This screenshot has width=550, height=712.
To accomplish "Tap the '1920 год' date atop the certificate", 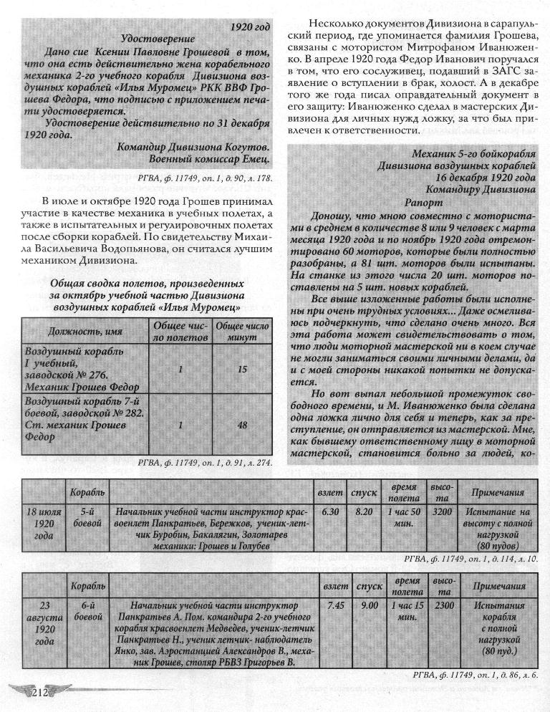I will click(250, 27).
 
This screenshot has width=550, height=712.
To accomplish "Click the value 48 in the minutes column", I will click(242, 425).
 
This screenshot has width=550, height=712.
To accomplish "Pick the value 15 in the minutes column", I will click(242, 369).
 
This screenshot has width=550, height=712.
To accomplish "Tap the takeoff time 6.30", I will click(330, 513).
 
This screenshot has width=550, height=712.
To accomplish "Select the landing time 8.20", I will click(364, 513).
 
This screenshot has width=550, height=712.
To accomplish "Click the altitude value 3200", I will click(443, 513).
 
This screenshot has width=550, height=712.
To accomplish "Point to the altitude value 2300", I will click(444, 605).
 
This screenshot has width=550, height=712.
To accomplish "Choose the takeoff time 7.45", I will click(335, 605).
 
